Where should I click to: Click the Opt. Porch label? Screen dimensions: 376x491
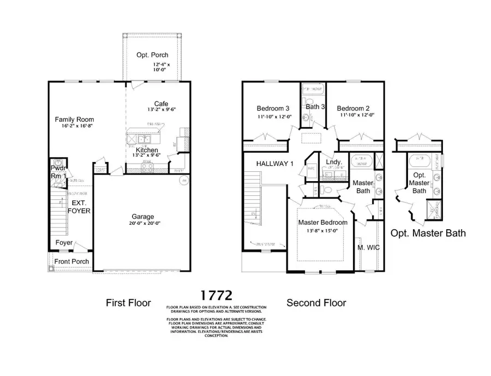tap(152, 55)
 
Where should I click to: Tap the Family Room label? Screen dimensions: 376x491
tap(75, 120)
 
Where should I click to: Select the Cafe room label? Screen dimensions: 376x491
tap(161, 104)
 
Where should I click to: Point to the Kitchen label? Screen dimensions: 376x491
tap(147, 150)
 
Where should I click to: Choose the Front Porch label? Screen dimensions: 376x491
tap(70, 261)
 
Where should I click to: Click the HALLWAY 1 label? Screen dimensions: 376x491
tap(275, 163)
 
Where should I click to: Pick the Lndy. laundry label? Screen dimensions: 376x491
tap(333, 162)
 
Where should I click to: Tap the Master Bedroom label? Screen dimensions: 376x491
tap(322, 223)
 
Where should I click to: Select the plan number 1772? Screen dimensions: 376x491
tap(216, 295)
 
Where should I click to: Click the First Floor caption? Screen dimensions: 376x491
tap(128, 303)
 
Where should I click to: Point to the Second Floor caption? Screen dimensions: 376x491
tap(316, 303)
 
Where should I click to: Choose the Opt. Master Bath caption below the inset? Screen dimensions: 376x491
tap(428, 233)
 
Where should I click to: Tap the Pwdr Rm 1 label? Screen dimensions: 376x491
tap(58, 172)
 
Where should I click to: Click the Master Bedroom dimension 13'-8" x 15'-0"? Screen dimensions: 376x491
tap(322, 231)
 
